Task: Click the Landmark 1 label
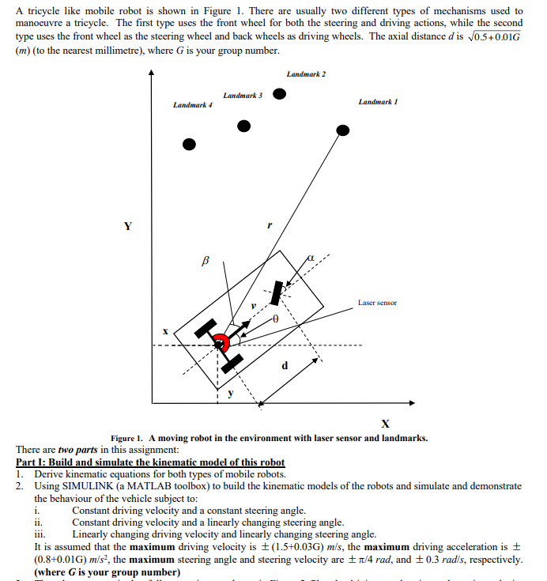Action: click(x=378, y=102)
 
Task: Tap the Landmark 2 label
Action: click(x=306, y=74)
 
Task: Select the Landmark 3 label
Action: click(x=243, y=96)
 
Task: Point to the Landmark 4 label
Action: click(x=193, y=105)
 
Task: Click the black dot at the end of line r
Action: click(x=342, y=130)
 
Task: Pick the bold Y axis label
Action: click(x=127, y=226)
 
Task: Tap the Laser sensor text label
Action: click(x=377, y=302)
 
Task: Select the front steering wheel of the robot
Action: click(x=277, y=292)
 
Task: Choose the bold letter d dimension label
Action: click(x=285, y=365)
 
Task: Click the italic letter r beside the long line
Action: click(x=270, y=225)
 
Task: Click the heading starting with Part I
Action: click(x=150, y=462)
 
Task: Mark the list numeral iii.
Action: click(x=40, y=534)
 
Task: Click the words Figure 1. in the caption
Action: click(x=126, y=438)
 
